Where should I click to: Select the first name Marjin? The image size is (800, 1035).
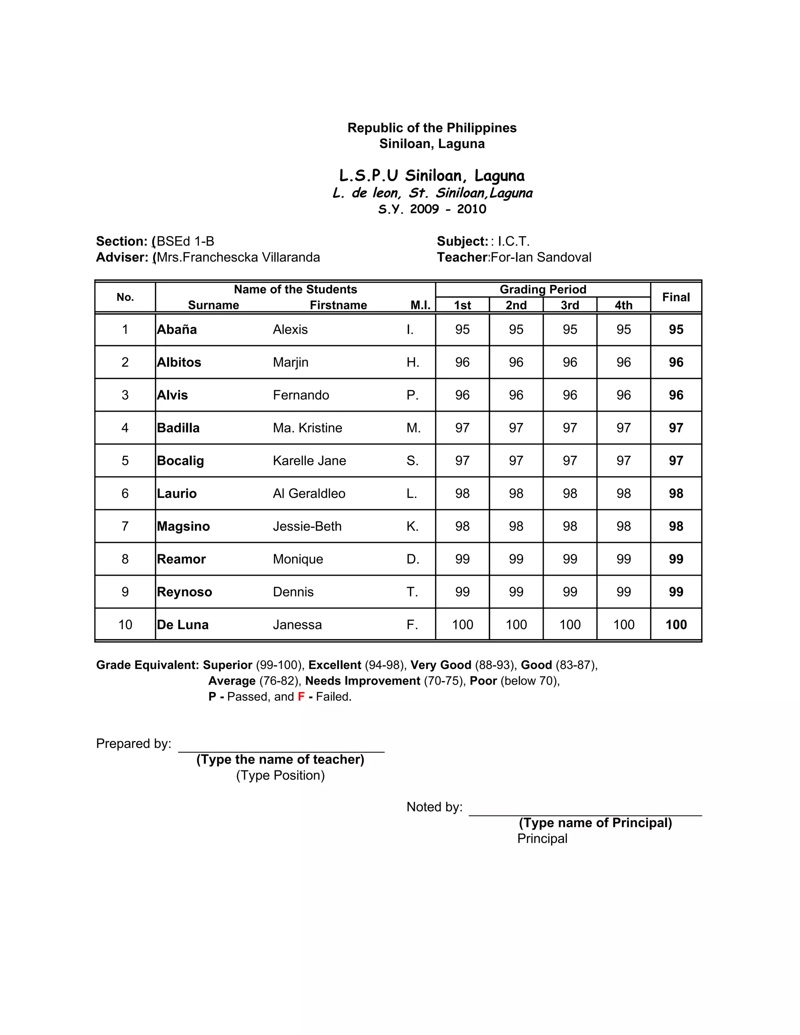coord(290,362)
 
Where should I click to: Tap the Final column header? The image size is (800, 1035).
coord(675,297)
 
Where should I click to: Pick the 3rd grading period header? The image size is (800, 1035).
coord(569,305)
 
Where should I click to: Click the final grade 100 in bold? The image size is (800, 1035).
coord(675,625)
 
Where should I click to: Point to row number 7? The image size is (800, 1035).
coord(125,526)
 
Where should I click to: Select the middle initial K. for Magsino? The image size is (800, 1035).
coord(412,526)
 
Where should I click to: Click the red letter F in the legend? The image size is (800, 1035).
coord(301,697)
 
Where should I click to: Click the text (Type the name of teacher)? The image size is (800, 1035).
coord(280,759)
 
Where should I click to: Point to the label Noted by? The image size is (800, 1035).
coord(434,807)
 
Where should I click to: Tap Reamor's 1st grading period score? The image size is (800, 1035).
coord(462,559)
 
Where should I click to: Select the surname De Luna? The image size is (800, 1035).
coord(182,625)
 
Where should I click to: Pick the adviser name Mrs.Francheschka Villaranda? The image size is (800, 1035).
coord(238,257)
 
